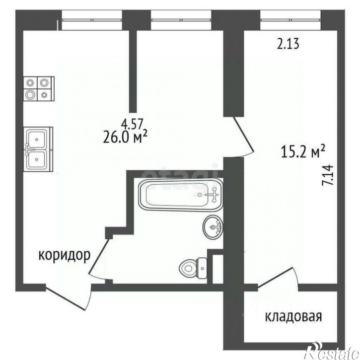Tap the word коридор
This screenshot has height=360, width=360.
(65, 256)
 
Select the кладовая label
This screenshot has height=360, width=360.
(293, 316)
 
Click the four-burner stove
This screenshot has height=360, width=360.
(38, 88)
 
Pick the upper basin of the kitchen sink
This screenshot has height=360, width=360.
(38, 137)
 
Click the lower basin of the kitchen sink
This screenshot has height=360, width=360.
(38, 159)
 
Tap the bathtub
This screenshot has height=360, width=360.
(179, 196)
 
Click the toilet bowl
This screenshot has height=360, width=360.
(189, 268)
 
